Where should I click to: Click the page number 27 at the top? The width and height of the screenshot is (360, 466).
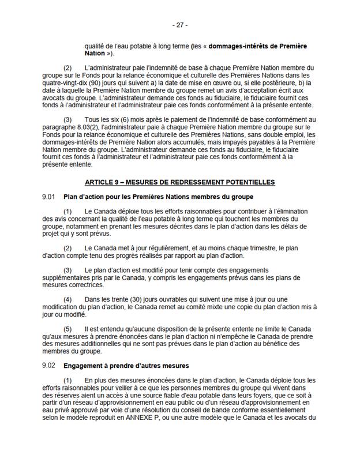(180, 25)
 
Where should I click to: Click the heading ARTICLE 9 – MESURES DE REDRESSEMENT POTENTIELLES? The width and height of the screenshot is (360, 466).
(179, 182)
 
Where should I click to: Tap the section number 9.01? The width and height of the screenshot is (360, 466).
(48, 197)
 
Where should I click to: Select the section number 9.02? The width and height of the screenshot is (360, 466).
(48, 366)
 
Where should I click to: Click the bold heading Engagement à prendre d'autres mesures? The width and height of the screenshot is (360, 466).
(126, 366)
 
